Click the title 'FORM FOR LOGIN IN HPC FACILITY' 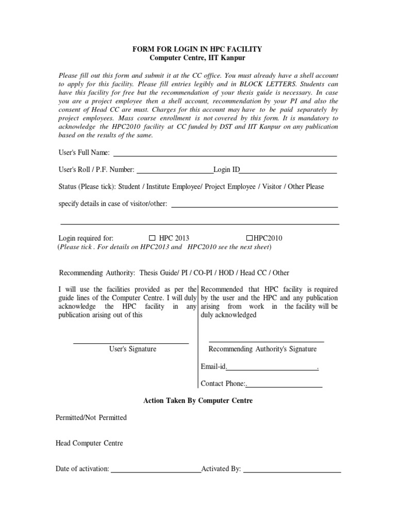click(x=197, y=49)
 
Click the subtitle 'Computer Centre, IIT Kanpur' click(x=197, y=58)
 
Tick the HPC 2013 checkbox click(x=152, y=238)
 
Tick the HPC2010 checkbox click(x=249, y=238)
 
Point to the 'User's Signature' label click(x=133, y=349)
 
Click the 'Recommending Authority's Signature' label click(x=262, y=349)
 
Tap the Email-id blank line click(x=272, y=368)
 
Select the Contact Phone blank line click(x=285, y=385)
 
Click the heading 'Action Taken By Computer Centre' click(x=197, y=400)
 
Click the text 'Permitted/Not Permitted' click(x=91, y=417)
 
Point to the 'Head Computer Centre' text click(x=89, y=443)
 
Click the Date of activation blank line click(x=156, y=470)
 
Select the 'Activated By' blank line click(x=292, y=470)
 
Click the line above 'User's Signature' click(x=131, y=343)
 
